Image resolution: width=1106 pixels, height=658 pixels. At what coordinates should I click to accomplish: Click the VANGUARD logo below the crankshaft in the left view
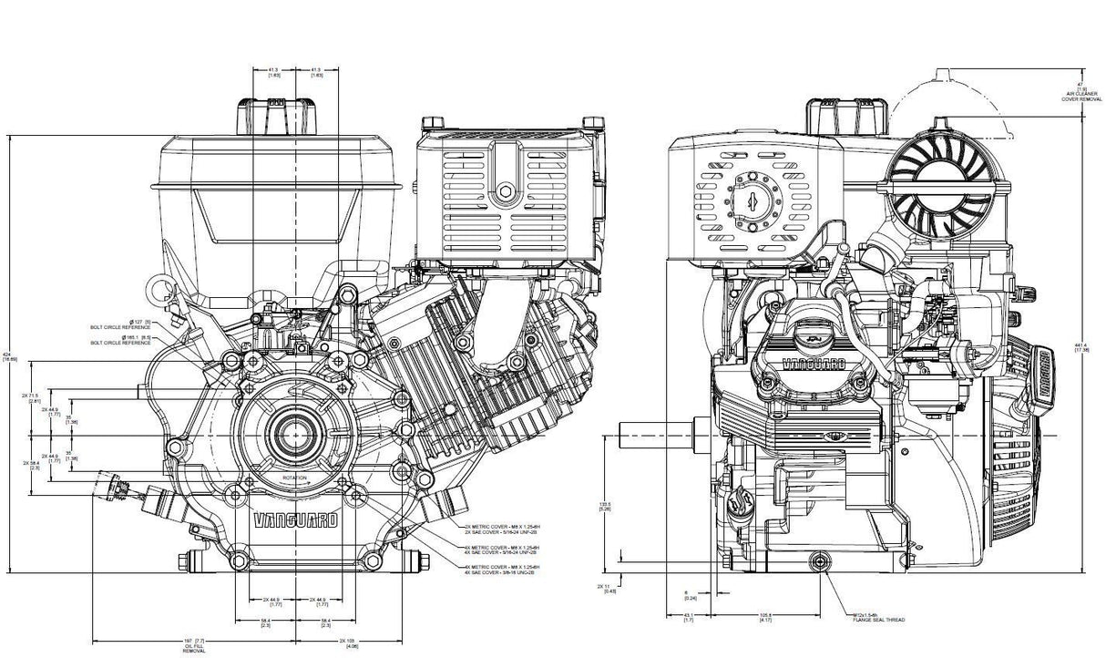coord(293,521)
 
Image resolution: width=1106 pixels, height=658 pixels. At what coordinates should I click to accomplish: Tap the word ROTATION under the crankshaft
coord(294,478)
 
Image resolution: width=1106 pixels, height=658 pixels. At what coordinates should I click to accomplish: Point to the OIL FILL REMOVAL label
coord(193,648)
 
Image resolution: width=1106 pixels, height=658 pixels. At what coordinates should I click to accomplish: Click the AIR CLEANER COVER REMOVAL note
coord(1080,94)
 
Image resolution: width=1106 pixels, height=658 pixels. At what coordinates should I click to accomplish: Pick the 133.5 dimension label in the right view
coord(603,506)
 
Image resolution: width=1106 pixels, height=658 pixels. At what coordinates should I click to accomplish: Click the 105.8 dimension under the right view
coord(765,617)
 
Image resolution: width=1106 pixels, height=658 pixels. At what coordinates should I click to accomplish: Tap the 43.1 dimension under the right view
coord(688,617)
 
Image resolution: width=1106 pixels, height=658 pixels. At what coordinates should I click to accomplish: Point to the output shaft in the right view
coord(647,428)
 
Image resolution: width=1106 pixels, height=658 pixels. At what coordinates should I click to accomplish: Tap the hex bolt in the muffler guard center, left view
coord(504,192)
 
